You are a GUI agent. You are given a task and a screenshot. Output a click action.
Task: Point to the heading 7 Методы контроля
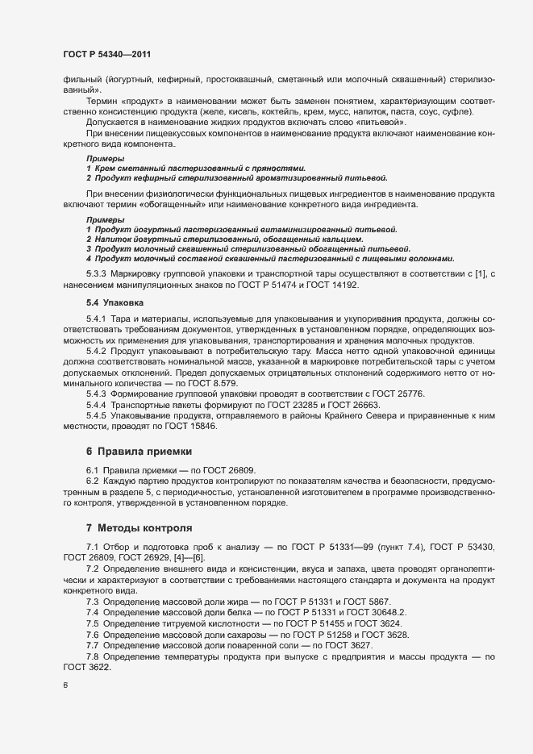139,528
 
